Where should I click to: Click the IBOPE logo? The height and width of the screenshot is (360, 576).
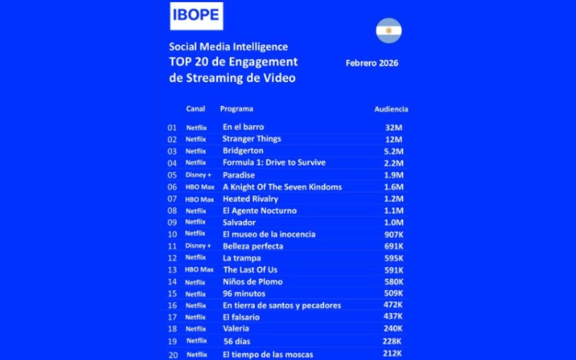pyautogui.click(x=196, y=15)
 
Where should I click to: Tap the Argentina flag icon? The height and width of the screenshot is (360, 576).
pyautogui.click(x=389, y=31)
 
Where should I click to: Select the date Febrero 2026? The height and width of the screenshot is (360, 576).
pyautogui.click(x=372, y=62)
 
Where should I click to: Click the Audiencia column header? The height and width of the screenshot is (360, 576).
pyautogui.click(x=391, y=109)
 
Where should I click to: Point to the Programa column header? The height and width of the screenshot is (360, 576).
pyautogui.click(x=237, y=109)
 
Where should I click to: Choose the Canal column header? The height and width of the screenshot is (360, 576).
pyautogui.click(x=195, y=109)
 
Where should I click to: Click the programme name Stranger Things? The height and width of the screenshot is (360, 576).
pyautogui.click(x=251, y=139)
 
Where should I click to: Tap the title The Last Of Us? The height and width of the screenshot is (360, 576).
pyautogui.click(x=250, y=270)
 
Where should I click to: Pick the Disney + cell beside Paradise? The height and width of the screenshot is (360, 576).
pyautogui.click(x=198, y=175)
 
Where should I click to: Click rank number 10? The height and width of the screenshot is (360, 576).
pyautogui.click(x=172, y=234)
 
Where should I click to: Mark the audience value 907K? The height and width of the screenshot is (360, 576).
pyautogui.click(x=393, y=234)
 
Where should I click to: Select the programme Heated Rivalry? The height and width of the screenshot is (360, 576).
pyautogui.click(x=250, y=199)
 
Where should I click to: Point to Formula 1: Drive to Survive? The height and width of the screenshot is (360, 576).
pyautogui.click(x=273, y=163)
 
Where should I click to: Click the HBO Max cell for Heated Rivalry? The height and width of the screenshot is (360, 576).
pyautogui.click(x=200, y=200)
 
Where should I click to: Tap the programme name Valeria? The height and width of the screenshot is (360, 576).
pyautogui.click(x=236, y=329)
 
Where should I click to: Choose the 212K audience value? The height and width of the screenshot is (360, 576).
pyautogui.click(x=392, y=354)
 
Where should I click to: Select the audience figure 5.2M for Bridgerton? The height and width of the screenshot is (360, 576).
pyautogui.click(x=394, y=151)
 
